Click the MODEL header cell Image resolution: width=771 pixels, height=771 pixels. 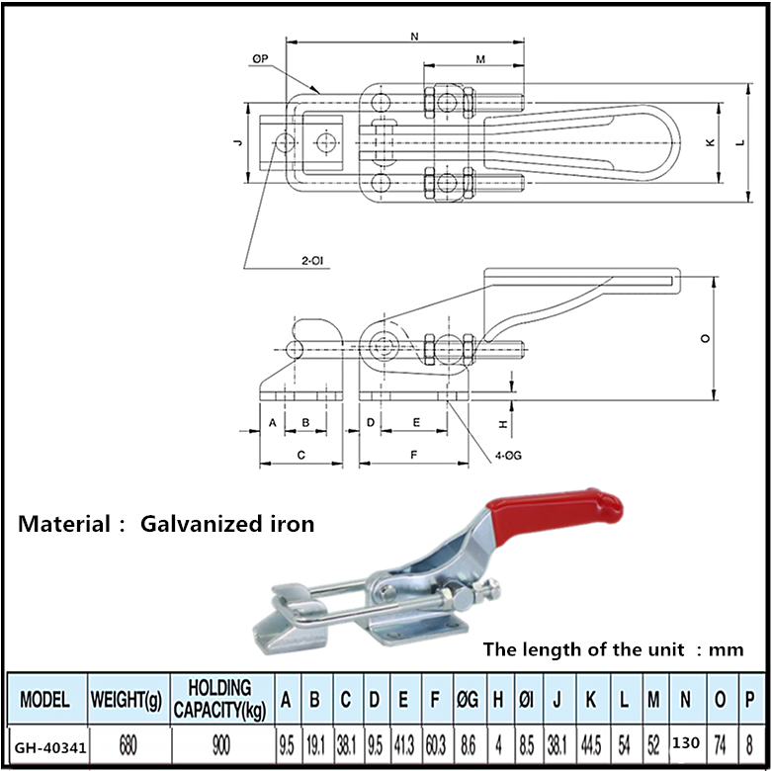44,700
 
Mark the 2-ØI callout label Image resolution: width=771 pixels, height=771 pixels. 312,261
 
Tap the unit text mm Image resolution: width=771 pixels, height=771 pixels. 727,649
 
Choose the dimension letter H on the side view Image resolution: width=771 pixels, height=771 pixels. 503,423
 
